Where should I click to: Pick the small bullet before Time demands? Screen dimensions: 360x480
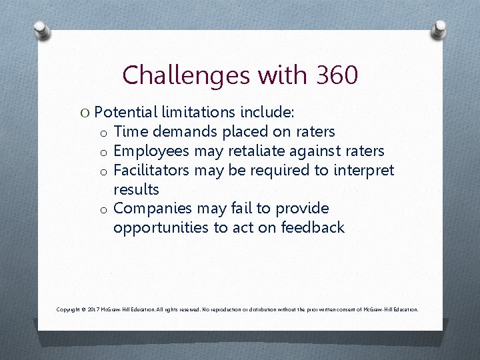click(x=104, y=132)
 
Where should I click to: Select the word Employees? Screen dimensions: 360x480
click(x=152, y=151)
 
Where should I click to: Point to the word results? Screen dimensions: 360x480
click(x=136, y=189)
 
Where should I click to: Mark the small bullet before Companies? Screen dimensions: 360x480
click(x=104, y=209)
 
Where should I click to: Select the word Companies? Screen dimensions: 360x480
click(x=153, y=209)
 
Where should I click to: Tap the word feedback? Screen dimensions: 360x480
click(x=313, y=227)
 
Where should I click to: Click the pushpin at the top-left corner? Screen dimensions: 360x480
click(x=42, y=30)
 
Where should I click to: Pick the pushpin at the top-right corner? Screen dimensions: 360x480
click(x=439, y=29)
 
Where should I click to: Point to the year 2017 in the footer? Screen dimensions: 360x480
click(x=93, y=309)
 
